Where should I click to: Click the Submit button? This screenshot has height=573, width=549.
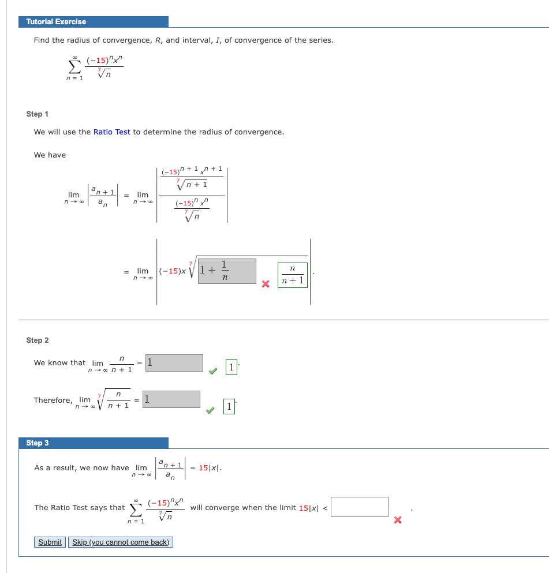pyautogui.click(x=50, y=542)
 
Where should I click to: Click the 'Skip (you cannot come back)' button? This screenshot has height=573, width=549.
pyautogui.click(x=121, y=542)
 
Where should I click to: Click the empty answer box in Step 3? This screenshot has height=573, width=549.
pyautogui.click(x=360, y=507)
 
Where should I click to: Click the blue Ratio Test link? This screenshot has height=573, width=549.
pyautogui.click(x=112, y=132)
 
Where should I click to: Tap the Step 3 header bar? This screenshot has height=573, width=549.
pyautogui.click(x=94, y=443)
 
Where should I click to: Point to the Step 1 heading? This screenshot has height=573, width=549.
pyautogui.click(x=38, y=114)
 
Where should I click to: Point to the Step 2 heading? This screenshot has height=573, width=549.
pyautogui.click(x=38, y=340)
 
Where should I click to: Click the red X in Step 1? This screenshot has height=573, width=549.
pyautogui.click(x=266, y=284)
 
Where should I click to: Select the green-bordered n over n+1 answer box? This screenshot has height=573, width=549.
pyautogui.click(x=293, y=275)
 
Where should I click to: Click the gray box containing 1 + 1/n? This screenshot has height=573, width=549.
pyautogui.click(x=227, y=271)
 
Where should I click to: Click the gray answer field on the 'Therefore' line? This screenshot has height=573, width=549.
pyautogui.click(x=172, y=399)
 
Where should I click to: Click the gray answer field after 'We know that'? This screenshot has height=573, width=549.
pyautogui.click(x=174, y=363)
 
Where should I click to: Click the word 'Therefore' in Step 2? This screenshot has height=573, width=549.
pyautogui.click(x=53, y=400)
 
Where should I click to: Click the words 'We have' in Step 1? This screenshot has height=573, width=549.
pyautogui.click(x=50, y=155)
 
